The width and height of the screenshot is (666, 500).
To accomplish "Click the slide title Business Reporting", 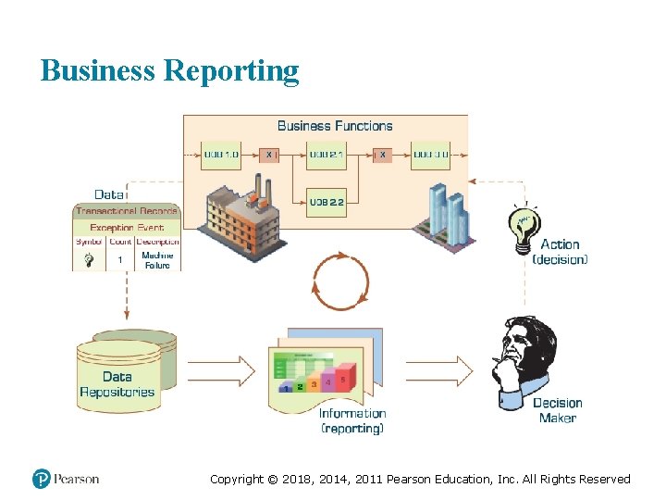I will point(169,70).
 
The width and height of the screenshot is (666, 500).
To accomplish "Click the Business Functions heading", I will point(335,126).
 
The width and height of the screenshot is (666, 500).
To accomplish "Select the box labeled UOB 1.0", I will point(220,155).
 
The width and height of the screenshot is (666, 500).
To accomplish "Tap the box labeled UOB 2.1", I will point(326,155).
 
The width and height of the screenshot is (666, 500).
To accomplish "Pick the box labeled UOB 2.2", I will point(326,200).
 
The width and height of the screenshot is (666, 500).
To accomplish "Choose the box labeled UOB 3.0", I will point(431,155).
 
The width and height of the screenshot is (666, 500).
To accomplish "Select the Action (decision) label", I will point(560,252).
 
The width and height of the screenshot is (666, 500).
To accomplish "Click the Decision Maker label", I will point(558,410).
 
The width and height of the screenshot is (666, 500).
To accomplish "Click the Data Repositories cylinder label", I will point(117,384).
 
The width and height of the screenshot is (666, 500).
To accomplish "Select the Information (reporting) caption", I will point(352,421).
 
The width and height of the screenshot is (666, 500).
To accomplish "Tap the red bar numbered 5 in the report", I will point(344,378).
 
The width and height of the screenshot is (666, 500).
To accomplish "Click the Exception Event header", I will point(127,228).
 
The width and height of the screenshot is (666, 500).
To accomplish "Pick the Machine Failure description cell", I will point(157,260).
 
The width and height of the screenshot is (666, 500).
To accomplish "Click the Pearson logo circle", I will point(42,479).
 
